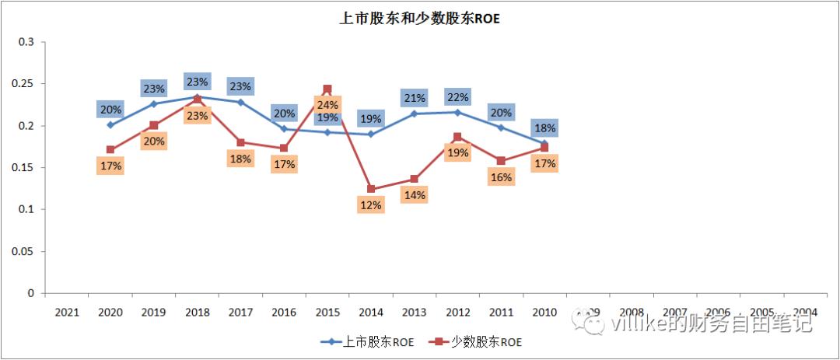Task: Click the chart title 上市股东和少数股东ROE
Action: click(420, 19)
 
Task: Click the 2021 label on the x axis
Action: click(67, 312)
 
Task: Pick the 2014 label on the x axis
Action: click(371, 312)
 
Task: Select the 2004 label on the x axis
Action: click(805, 312)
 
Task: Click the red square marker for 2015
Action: click(327, 89)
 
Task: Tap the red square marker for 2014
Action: click(371, 189)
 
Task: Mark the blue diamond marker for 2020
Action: click(110, 124)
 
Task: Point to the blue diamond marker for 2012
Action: click(457, 112)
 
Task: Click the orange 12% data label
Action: click(371, 205)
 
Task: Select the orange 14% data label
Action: click(414, 195)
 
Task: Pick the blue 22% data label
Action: click(457, 96)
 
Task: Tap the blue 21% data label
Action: click(414, 98)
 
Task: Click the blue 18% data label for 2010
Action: click(544, 128)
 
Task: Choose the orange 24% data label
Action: click(327, 105)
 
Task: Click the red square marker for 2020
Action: click(110, 149)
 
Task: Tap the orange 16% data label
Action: click(502, 177)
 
